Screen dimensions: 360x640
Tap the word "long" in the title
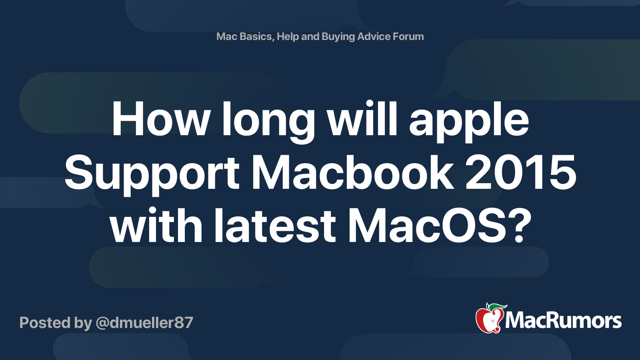point(268,122)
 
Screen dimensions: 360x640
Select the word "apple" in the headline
point(469,122)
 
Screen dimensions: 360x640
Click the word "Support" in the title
point(152,174)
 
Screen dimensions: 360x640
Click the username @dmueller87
point(144,322)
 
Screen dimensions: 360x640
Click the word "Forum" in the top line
point(408,36)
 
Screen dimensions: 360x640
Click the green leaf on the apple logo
point(496,307)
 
